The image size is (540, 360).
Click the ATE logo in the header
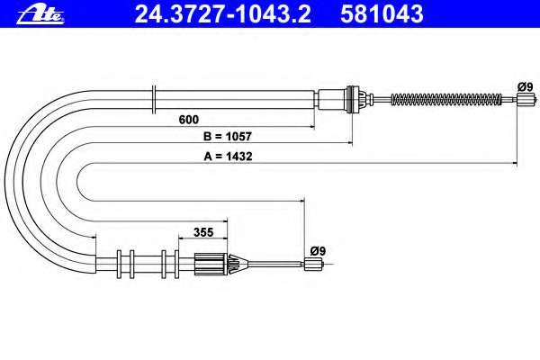(40, 15)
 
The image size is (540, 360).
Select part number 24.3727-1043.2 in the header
(223, 14)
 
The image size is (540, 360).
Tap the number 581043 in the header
(382, 14)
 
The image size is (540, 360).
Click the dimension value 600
(189, 120)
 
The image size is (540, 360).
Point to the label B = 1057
(228, 137)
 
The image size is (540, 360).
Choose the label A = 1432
(228, 157)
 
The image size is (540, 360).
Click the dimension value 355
(203, 232)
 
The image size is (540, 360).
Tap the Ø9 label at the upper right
(526, 86)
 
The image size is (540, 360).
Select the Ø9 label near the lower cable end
(318, 251)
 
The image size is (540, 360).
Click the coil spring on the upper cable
(446, 100)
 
